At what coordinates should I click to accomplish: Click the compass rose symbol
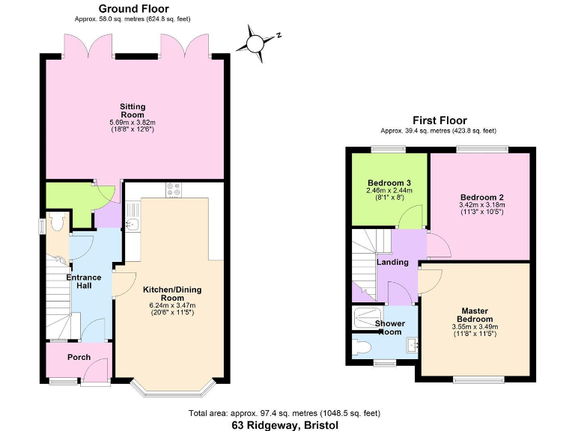click(257, 42)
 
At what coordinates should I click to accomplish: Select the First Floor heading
click(439, 120)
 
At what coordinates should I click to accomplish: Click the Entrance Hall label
click(84, 282)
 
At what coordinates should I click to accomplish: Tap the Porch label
click(78, 357)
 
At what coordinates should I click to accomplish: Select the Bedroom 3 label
click(389, 183)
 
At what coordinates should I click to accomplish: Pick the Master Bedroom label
click(475, 315)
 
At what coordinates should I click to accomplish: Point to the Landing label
click(392, 262)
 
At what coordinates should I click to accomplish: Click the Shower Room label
click(389, 328)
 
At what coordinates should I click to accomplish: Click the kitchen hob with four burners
click(174, 190)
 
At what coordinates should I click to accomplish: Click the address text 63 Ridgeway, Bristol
click(285, 424)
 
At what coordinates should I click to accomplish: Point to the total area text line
click(285, 412)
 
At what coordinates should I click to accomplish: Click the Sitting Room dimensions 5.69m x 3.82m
click(133, 123)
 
